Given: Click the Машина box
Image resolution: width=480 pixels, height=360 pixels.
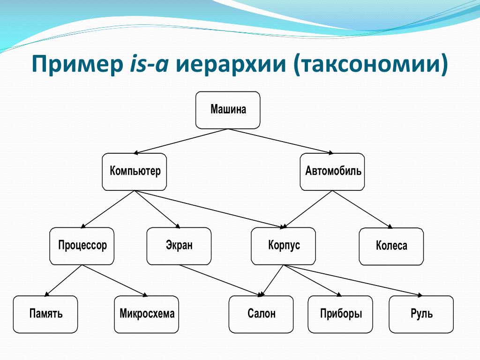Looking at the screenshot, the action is tap(228, 110).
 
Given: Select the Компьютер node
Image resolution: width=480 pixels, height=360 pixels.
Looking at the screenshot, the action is tap(135, 172).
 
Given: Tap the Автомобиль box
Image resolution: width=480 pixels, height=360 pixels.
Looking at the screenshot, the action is tap(332, 172).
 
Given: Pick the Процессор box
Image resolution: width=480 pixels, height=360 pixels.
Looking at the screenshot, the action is tap(82, 246).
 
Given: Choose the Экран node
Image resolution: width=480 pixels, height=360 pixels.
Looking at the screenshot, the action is tap(179, 246).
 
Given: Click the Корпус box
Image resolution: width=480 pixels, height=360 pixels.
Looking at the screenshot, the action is tap(283, 246).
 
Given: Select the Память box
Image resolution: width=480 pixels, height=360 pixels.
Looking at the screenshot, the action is tap(45, 315).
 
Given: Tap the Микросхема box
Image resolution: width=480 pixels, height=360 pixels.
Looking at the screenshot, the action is tap(146, 315).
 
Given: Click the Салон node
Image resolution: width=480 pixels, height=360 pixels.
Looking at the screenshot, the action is tap(261, 315).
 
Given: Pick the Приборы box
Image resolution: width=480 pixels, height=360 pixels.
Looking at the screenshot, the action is tap(340, 315).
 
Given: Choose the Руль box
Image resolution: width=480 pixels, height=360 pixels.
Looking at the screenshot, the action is tap(421, 315).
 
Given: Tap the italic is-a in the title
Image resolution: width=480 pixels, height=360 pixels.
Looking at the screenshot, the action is tap(150, 64).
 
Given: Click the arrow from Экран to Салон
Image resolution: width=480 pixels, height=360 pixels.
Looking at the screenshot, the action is tap(221, 280).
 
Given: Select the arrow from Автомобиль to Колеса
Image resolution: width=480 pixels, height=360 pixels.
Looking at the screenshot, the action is tap(362, 210).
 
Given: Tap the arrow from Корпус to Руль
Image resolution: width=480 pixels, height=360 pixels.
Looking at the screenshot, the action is tap(352, 280).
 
